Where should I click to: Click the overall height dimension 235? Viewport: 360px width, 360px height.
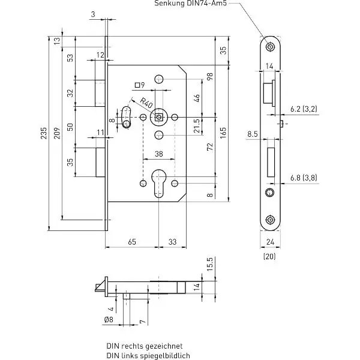(44, 133)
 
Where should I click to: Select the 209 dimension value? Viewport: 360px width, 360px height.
(57, 133)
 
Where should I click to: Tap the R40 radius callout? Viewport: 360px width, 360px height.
(146, 103)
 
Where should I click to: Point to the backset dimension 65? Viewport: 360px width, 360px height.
(132, 242)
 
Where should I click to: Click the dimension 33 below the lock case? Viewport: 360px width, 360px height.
(172, 242)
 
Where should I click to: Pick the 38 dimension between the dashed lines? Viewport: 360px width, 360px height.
(159, 154)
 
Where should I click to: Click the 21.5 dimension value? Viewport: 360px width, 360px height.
(197, 126)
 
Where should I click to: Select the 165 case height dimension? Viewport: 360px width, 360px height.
(223, 133)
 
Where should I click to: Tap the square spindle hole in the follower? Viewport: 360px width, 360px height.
(158, 118)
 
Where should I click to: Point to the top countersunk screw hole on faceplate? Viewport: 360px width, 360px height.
(270, 47)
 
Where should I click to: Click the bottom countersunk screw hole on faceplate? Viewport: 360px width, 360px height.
(270, 220)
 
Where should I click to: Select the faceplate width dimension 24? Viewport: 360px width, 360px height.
(270, 242)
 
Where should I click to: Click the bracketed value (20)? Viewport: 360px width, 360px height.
(269, 256)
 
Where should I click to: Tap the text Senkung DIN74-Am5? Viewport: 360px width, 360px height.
(191, 3)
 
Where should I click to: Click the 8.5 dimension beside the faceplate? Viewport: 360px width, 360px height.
(253, 134)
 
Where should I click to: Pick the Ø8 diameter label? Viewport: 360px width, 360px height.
(109, 319)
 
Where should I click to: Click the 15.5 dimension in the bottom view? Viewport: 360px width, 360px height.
(210, 264)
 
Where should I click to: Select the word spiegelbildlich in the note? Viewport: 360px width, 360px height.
(165, 356)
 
